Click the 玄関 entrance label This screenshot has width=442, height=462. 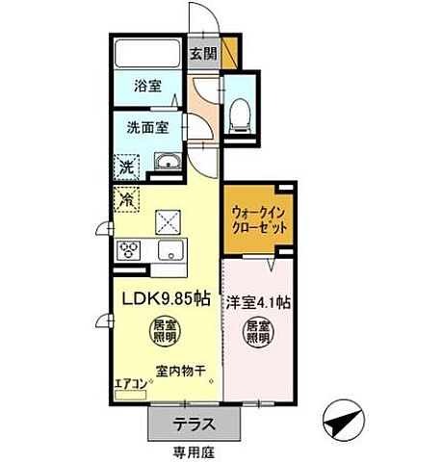[201, 53]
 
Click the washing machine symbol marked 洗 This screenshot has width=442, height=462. [126, 167]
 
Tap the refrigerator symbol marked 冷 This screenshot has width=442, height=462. [127, 200]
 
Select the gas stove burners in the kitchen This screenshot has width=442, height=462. [130, 251]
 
